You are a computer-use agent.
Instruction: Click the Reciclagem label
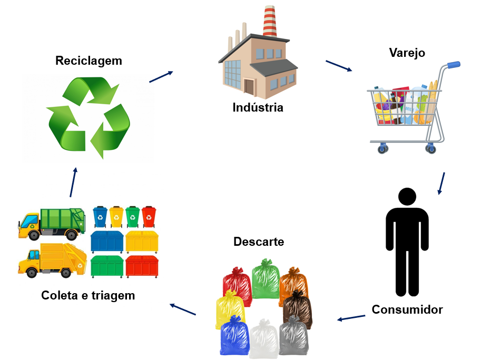(x=89, y=61)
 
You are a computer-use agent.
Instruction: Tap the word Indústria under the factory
(x=258, y=108)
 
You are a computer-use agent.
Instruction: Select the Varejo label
(x=407, y=53)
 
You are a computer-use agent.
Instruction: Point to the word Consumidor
(x=407, y=309)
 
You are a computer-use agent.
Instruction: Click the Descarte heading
(x=259, y=242)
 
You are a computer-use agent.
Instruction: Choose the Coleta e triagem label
(x=88, y=296)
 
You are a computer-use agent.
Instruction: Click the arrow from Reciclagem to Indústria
(x=161, y=77)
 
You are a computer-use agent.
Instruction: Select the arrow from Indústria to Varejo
(x=339, y=66)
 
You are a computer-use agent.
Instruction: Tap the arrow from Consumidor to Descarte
(x=351, y=318)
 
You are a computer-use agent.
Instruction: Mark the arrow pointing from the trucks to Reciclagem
(x=73, y=182)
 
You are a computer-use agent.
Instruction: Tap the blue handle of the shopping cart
(x=454, y=65)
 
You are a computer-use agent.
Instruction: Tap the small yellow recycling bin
(x=116, y=216)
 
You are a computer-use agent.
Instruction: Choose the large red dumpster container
(x=142, y=266)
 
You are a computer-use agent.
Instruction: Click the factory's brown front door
(x=249, y=86)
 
